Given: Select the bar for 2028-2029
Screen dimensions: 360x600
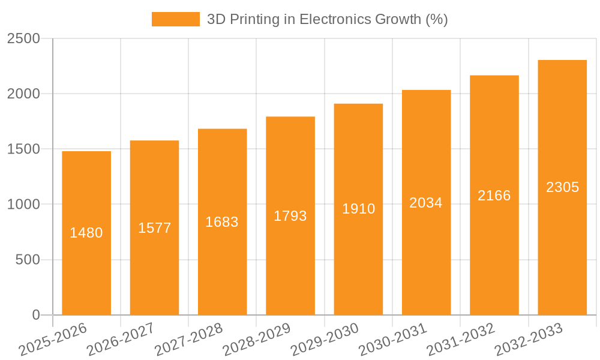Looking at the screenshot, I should [290, 264].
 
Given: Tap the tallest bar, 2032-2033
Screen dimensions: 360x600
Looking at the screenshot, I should [562, 252].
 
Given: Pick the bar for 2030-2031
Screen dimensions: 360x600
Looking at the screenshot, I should [426, 258].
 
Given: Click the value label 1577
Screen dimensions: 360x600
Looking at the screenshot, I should [155, 228].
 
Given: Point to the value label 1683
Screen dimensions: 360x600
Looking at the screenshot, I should [222, 222].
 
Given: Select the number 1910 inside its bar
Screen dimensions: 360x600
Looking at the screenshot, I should [359, 209].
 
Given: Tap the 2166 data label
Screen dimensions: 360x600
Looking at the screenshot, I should [494, 196].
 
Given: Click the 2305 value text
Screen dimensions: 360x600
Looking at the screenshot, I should [563, 187].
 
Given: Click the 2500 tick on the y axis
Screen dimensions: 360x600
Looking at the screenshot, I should [23, 38].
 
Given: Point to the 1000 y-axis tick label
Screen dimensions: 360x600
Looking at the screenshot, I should [23, 205].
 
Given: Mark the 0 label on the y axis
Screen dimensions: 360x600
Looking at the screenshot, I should [36, 315].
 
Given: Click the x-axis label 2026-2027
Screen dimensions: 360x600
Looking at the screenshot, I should [121, 340].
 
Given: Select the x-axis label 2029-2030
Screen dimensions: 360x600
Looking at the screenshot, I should [325, 340].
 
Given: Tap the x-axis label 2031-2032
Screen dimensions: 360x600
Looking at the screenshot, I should [461, 340].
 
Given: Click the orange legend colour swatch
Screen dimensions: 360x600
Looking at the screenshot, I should [175, 19].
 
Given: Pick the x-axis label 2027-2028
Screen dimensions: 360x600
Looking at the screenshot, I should [188, 340].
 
